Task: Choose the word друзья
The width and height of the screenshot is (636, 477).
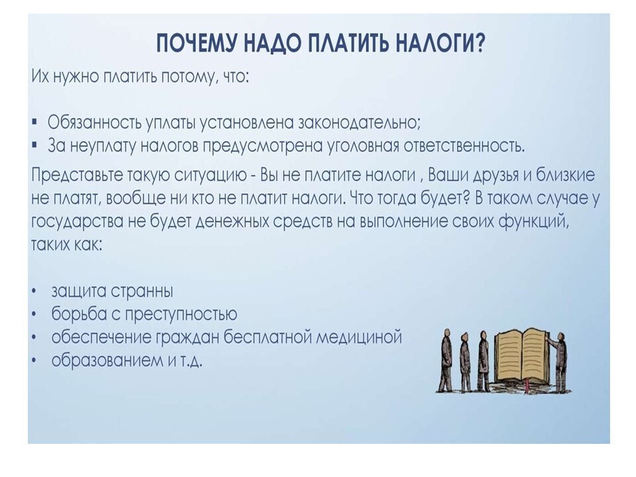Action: pos(492,176)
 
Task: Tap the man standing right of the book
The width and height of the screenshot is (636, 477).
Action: pos(559,362)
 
